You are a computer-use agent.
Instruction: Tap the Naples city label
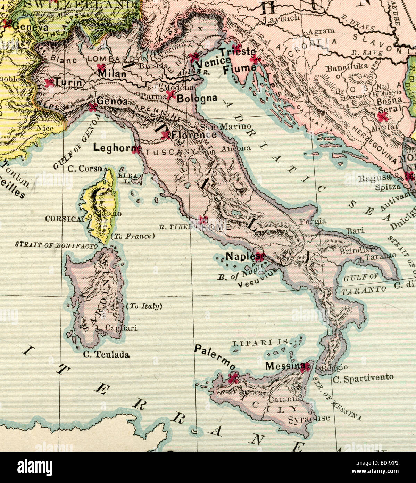tap(240, 256)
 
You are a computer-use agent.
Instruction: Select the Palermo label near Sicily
tap(215, 357)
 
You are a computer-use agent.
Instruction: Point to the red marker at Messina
tap(305, 367)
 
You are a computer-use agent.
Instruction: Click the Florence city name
tap(194, 135)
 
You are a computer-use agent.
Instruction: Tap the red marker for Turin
tap(50, 82)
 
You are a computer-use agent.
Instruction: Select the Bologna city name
tap(197, 99)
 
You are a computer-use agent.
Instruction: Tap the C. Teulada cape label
tap(106, 355)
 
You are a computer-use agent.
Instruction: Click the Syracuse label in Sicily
tap(309, 419)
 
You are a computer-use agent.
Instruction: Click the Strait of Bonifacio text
tap(56, 245)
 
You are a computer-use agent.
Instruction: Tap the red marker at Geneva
tap(7, 24)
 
